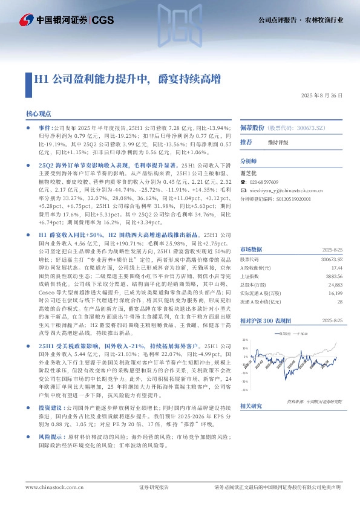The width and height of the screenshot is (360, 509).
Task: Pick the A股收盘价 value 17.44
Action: coord(338,267)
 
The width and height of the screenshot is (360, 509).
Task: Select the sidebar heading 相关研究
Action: coord(250,422)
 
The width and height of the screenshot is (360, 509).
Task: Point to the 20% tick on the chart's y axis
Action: coord(245,339)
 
